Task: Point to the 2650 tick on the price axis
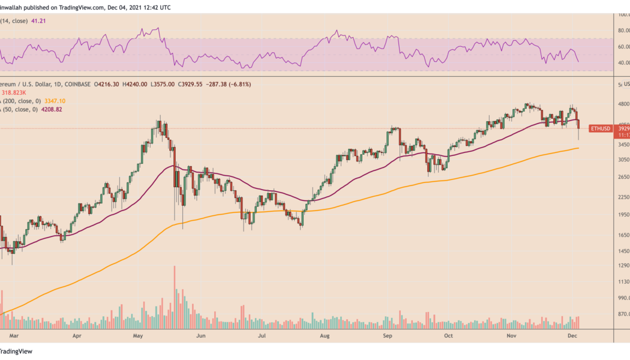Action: tap(623, 176)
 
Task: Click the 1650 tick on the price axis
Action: tap(623, 236)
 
